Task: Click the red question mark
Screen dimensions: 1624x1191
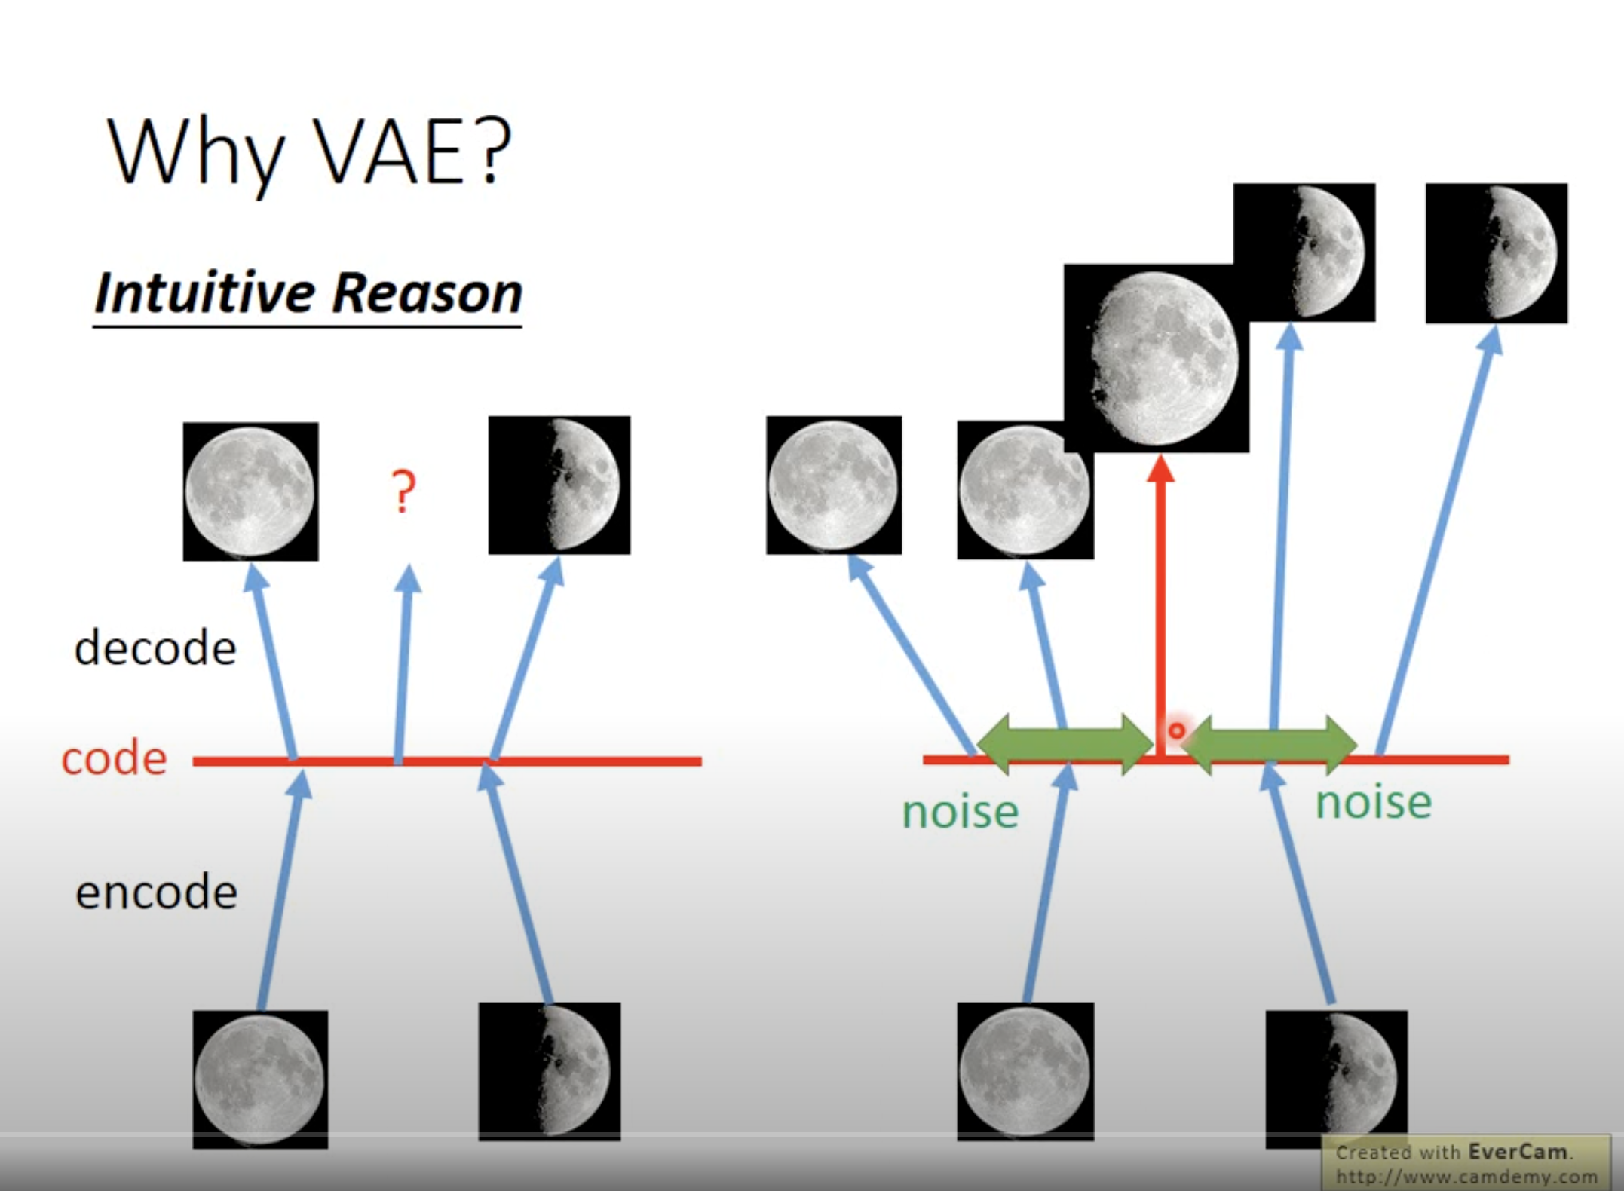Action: [x=404, y=491]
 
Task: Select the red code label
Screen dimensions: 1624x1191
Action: [x=114, y=758]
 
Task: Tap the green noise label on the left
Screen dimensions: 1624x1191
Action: [x=961, y=812]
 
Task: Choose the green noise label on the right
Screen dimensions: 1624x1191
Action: [x=1374, y=802]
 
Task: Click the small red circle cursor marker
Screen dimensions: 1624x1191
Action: [x=1176, y=730]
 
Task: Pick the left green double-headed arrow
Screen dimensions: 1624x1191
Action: [x=1065, y=745]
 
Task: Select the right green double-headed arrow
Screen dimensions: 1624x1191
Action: [x=1270, y=745]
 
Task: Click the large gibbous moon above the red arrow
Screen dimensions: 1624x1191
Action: [x=1157, y=358]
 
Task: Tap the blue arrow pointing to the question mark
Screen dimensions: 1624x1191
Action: [x=403, y=664]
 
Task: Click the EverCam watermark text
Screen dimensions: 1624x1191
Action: [x=1466, y=1163]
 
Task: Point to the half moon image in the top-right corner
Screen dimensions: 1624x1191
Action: [x=1497, y=253]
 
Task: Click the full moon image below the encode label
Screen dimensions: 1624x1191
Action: [x=260, y=1079]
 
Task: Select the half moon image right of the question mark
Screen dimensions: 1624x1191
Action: [x=559, y=485]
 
